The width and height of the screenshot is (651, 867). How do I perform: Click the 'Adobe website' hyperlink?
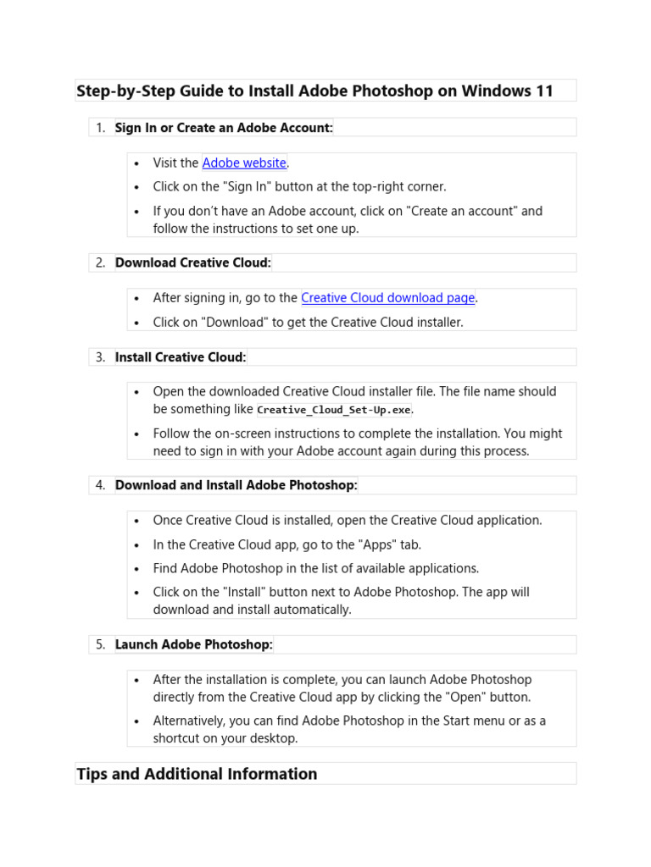coord(244,163)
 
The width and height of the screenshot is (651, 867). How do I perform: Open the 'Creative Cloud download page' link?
coord(387,298)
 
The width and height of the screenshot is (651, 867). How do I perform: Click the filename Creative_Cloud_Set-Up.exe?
coord(334,410)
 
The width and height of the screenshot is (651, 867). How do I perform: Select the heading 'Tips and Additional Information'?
coord(197,774)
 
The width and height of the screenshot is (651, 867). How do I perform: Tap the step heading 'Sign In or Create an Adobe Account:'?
coord(224,127)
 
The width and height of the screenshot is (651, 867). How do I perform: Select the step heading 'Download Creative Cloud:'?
coord(193,262)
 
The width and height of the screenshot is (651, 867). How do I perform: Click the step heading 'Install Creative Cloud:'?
coord(181,357)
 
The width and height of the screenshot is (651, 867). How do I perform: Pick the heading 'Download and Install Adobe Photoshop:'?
coord(236,485)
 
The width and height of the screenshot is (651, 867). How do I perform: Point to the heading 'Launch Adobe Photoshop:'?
coord(194,644)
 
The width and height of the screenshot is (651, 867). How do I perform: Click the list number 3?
coord(100,357)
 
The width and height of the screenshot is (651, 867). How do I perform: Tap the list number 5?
coord(100,644)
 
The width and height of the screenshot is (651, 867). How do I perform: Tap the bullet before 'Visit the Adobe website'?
coord(137,163)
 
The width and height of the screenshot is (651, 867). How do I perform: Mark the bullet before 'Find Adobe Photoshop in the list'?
coord(137,569)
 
